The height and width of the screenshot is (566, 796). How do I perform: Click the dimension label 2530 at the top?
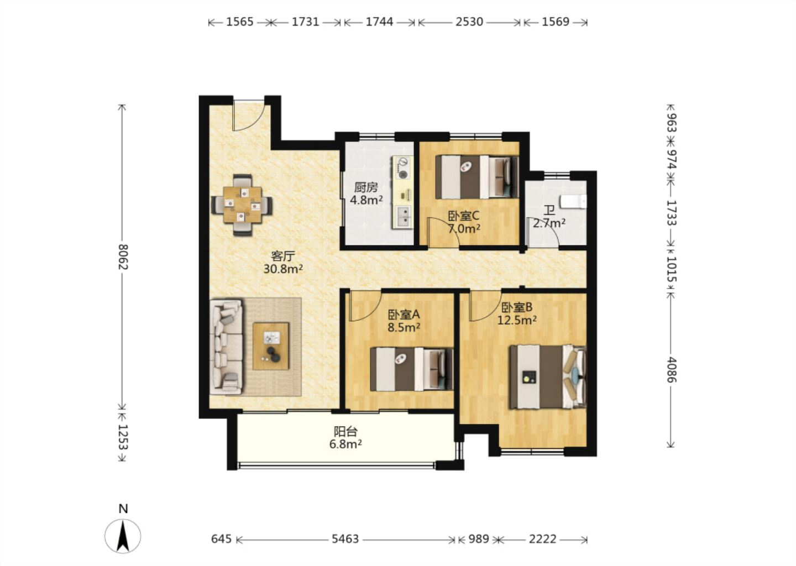469,22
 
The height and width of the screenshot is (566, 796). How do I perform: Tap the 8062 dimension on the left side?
123,257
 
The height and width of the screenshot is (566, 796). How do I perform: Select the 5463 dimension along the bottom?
345,539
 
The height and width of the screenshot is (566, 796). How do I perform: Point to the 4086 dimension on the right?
671,370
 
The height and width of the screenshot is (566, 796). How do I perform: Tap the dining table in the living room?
242,205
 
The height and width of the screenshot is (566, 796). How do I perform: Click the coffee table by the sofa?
271,346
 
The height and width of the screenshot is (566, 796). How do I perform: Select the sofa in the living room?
227,347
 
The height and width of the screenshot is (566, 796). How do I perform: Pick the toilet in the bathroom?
573,201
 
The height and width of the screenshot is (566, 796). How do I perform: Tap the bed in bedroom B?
548,377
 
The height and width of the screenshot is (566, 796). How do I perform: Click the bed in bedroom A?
411,369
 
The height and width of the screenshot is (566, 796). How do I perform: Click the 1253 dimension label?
123,437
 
